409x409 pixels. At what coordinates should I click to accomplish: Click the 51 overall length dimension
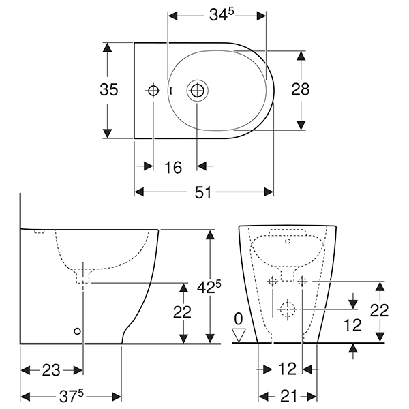[x=203, y=193]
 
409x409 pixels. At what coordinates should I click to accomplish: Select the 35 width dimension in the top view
[x=109, y=89]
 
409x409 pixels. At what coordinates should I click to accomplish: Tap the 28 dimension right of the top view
[x=301, y=89]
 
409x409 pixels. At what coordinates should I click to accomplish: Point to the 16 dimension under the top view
[x=174, y=167]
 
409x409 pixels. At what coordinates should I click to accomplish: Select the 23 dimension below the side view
[x=51, y=370]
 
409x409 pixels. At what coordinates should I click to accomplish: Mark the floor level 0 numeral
[x=238, y=318]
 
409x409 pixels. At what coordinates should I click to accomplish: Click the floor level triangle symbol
[x=238, y=334]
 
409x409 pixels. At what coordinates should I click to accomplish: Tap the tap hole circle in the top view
[x=153, y=90]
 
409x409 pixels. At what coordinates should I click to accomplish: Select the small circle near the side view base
[x=77, y=331]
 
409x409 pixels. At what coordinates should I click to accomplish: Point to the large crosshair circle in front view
[x=287, y=311]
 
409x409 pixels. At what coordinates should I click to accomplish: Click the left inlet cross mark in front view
[x=272, y=281]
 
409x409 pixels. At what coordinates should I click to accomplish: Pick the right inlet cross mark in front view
[x=302, y=281]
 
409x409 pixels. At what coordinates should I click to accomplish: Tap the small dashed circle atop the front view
[x=287, y=241]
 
